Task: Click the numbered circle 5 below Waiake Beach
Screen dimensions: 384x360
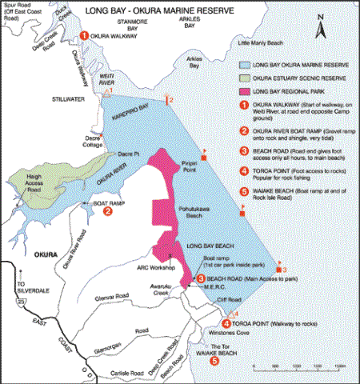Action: [x=214, y=361]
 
